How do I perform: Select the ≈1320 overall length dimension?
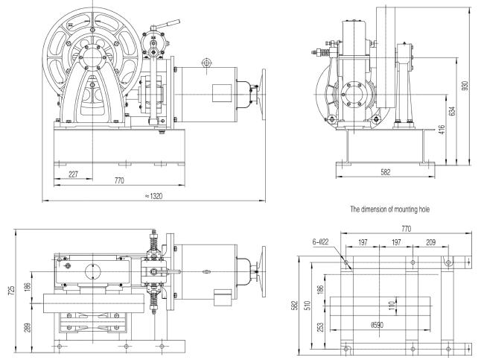coord(155,195)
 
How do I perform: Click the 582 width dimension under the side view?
coord(384,174)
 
